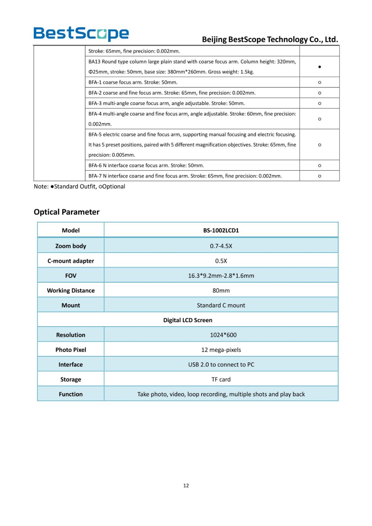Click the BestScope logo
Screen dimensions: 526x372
(x=81, y=34)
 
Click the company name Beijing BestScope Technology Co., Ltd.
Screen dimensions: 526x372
(x=270, y=39)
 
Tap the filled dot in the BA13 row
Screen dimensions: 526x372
(x=319, y=67)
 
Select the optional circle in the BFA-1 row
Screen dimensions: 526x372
(x=319, y=82)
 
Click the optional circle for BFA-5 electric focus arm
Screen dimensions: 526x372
(x=319, y=145)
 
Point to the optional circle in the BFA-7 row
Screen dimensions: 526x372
(x=319, y=176)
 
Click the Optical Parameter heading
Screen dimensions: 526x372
(x=66, y=212)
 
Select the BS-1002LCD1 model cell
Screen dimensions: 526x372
(x=221, y=230)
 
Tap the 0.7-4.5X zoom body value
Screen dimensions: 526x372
(x=221, y=246)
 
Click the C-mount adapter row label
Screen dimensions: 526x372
(x=70, y=261)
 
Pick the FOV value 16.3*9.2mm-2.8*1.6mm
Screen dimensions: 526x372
(x=221, y=276)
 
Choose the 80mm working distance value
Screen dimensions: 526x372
(x=221, y=291)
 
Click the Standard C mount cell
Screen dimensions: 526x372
(x=221, y=306)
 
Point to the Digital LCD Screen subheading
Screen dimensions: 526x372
(x=187, y=320)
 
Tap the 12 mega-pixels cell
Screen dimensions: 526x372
(x=221, y=350)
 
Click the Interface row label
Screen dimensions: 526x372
(x=70, y=365)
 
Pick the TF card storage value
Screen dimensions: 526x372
(x=221, y=380)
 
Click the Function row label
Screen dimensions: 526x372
(x=70, y=394)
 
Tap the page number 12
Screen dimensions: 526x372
(x=186, y=486)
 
